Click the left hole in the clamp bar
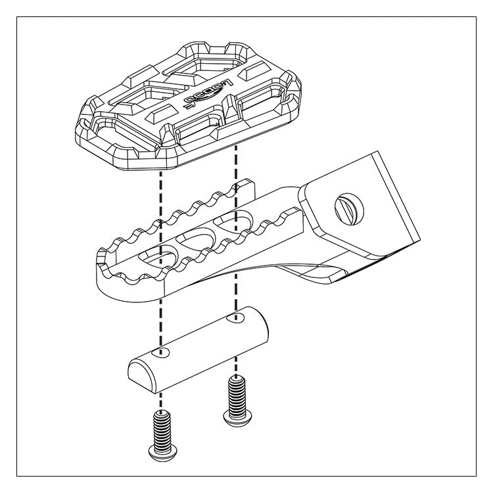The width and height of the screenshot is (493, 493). (162, 354)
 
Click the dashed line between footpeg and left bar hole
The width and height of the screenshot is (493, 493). (160, 316)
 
